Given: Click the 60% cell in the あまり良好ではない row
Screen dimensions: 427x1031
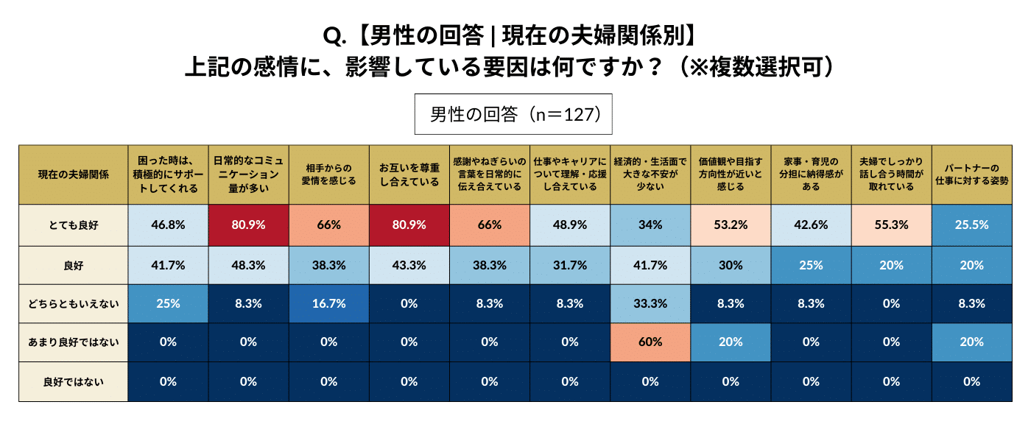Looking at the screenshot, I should [x=650, y=342].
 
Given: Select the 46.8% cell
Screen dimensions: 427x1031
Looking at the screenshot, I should [x=168, y=225].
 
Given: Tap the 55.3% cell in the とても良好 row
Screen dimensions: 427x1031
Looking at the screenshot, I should [x=891, y=225].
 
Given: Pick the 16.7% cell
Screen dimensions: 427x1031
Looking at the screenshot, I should [x=328, y=303].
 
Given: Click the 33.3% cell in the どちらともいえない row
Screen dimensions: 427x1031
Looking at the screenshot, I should [x=650, y=303].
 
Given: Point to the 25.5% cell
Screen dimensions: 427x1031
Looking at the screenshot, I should [x=971, y=225].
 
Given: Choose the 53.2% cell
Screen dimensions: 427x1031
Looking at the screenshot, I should [x=731, y=225].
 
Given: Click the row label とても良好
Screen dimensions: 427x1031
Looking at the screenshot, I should [x=73, y=225].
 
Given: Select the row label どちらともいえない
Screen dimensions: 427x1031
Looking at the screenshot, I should [x=73, y=303].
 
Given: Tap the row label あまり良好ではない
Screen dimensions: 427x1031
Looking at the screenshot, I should [x=73, y=342].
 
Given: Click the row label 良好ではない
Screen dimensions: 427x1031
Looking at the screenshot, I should [x=73, y=381].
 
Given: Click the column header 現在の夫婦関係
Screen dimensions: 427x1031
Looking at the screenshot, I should [x=73, y=174].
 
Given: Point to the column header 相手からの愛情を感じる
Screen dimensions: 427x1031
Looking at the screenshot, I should [x=328, y=174].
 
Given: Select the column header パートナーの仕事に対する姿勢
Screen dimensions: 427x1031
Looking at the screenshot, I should [x=971, y=174].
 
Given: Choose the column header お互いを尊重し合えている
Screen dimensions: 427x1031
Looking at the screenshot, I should [x=409, y=174].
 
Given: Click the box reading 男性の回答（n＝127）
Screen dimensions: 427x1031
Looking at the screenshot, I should [x=513, y=114].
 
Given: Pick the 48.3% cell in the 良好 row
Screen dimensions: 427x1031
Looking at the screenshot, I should [x=248, y=264].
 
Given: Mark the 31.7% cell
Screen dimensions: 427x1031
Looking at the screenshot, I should [x=570, y=264].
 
